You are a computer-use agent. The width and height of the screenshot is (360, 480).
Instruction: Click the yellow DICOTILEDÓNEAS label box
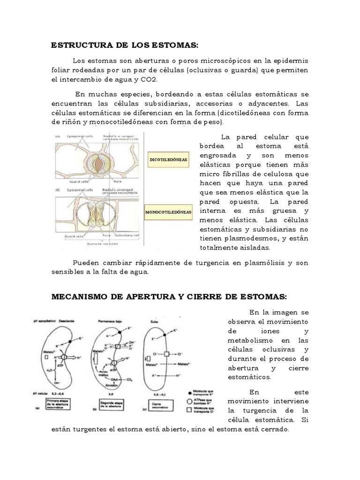168,160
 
